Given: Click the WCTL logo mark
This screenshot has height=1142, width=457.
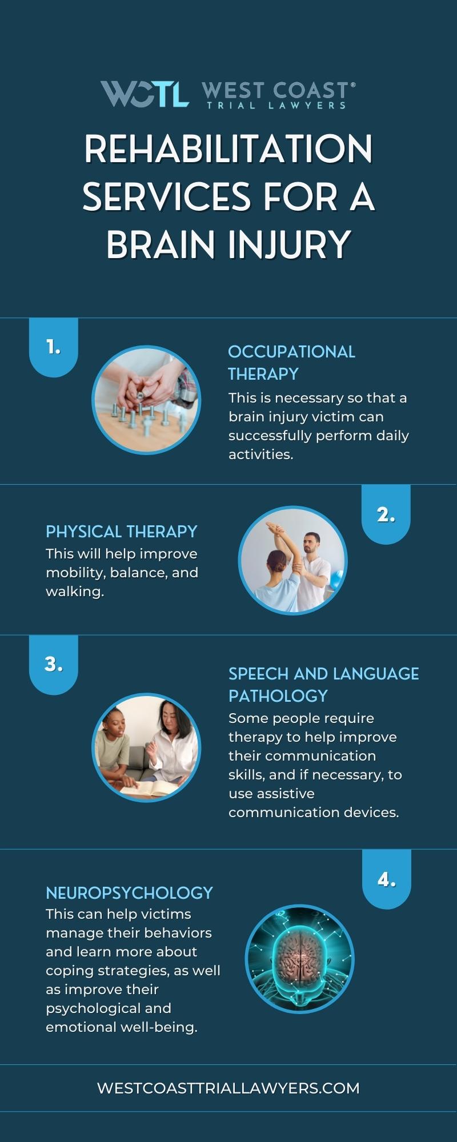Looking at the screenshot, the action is pos(145,94).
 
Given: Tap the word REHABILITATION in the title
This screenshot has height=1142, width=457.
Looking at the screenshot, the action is pos(228,150).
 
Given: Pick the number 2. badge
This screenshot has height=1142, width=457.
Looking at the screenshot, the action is pos(386,514).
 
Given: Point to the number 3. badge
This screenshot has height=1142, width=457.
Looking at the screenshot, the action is pos(53,665).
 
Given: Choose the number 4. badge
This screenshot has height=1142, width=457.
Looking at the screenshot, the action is pos(387,879).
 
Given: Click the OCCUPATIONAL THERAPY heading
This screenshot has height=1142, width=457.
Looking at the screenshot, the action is pos(291,363).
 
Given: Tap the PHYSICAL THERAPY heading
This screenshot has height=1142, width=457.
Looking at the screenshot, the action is pos(122,532).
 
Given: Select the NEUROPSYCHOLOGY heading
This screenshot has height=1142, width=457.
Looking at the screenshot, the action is pos(130,892).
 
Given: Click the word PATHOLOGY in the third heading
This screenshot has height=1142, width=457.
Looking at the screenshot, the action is pos(278,695).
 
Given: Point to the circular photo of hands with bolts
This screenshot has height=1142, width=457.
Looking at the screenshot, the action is pos(146,400).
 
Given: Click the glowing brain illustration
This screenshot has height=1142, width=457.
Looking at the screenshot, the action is pos(299,959).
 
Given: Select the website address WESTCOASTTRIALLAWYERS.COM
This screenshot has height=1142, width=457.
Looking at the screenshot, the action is pos(228,1088).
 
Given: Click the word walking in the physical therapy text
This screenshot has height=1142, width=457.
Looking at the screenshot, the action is pos(75,592).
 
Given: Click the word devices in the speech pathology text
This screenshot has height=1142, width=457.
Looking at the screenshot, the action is pos(371,812).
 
